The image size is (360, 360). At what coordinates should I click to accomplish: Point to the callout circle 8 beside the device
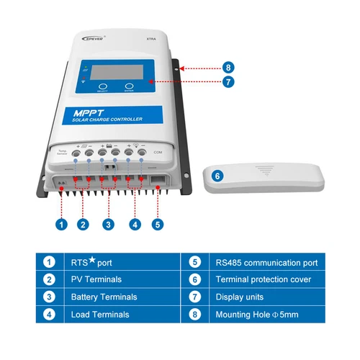coord(228,68)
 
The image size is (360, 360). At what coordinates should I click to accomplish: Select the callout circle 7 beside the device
coord(228,83)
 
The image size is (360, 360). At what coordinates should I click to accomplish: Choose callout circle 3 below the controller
coord(108,225)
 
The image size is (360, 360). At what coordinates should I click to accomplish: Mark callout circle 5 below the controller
coord(157,225)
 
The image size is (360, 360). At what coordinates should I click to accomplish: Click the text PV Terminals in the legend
coord(96,279)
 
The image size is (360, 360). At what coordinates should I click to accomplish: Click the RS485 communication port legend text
coord(266,262)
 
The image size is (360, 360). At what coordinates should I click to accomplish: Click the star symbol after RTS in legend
coord(92,260)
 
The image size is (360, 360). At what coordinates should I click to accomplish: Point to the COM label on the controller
coord(158,153)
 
